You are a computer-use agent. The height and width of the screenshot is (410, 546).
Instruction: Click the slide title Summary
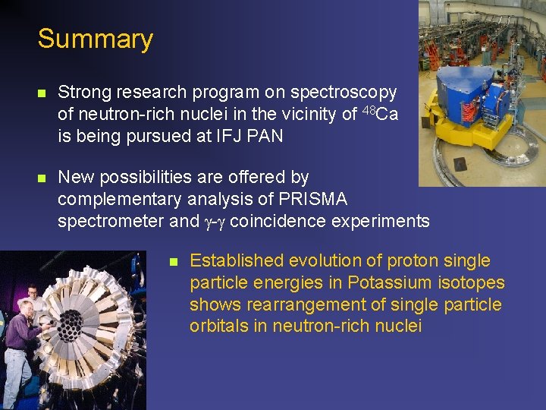95,38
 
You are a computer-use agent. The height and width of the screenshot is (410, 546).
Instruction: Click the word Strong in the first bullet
83,93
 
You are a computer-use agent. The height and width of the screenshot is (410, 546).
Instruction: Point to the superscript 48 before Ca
368,111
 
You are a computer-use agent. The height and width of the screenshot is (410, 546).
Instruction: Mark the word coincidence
277,221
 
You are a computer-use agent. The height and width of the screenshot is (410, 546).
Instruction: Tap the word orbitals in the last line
218,326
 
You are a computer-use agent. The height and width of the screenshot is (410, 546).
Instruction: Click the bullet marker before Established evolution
173,262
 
